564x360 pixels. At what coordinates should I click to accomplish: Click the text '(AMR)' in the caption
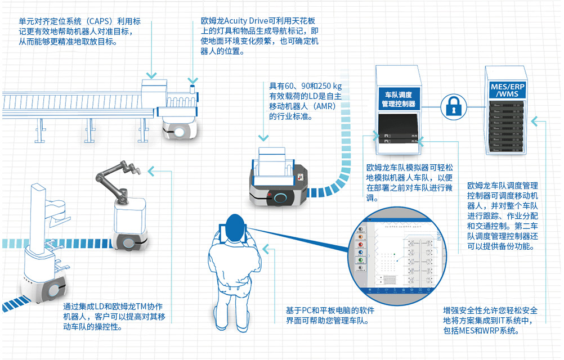pyautogui.click(x=324, y=107)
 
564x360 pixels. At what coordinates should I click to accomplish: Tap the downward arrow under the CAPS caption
pyautogui.click(x=150, y=74)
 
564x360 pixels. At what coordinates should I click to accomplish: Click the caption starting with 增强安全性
pyautogui.click(x=490, y=321)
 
